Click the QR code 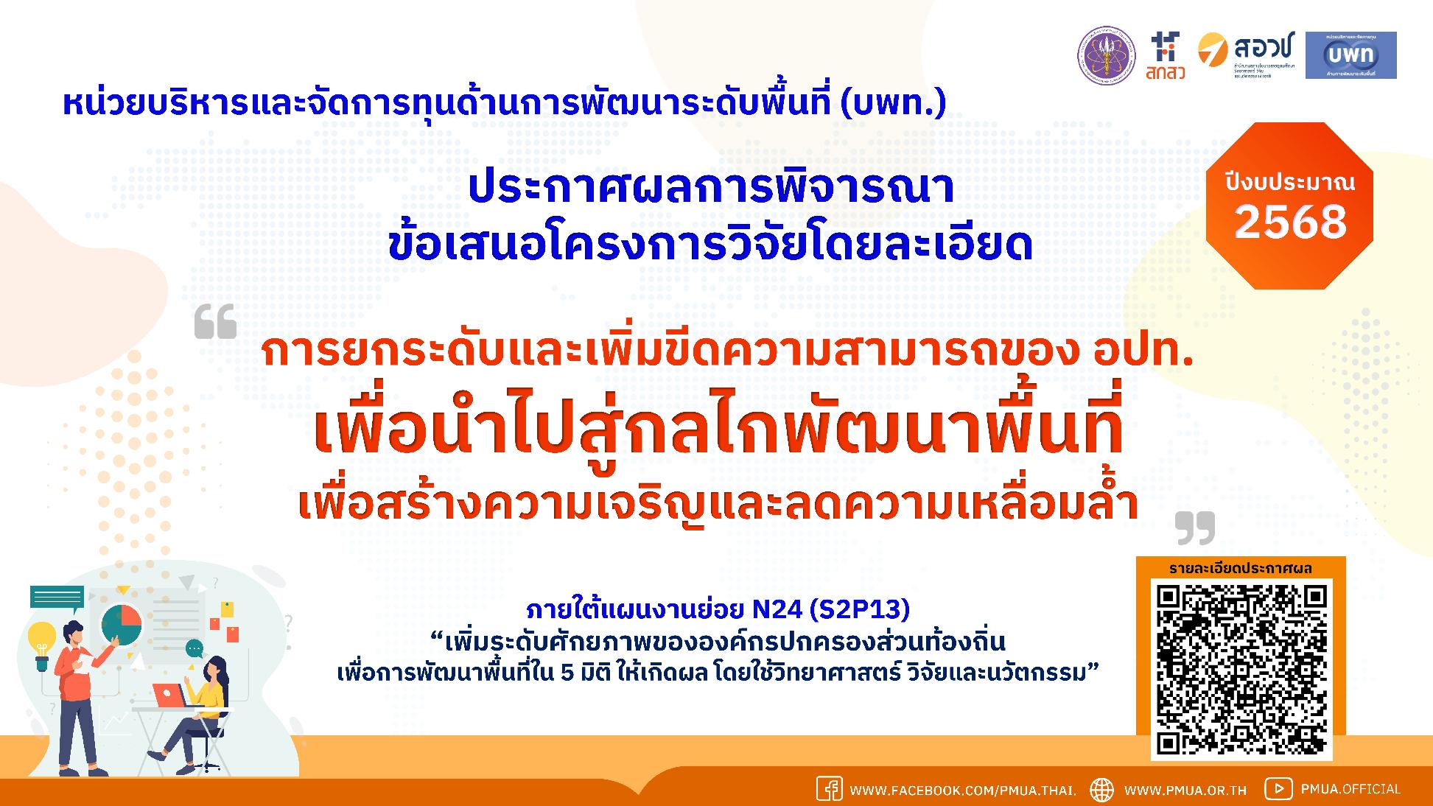[1241, 670]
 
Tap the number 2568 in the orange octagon [1290, 222]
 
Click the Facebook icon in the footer [829, 789]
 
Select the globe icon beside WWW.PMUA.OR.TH [1102, 789]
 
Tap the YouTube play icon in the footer [1278, 789]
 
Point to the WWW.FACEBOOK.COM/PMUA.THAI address [963, 790]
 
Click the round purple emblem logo [1107, 56]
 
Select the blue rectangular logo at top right [1350, 55]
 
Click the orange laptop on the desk [169, 694]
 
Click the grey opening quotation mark [215, 322]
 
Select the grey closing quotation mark [1194, 528]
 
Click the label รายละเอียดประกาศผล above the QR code [1241, 568]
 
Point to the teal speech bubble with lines [57, 598]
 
